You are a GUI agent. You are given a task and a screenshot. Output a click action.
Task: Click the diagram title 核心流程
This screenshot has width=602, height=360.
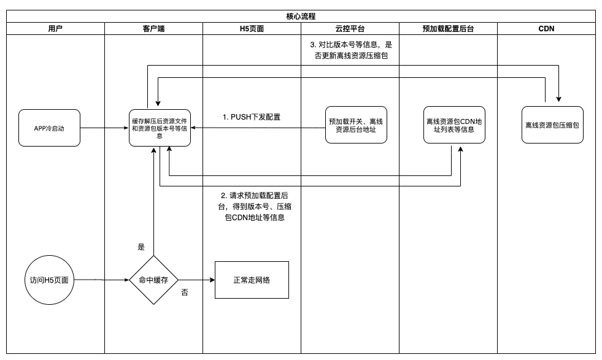[x=301, y=16]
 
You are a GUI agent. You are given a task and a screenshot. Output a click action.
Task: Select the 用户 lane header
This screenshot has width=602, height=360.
[x=55, y=28]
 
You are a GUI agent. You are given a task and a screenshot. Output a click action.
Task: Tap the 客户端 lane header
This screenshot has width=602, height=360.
[x=153, y=28]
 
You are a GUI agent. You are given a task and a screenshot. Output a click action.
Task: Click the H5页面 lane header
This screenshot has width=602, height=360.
[x=252, y=28]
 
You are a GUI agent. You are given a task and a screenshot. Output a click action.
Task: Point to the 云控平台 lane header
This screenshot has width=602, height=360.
[x=350, y=28]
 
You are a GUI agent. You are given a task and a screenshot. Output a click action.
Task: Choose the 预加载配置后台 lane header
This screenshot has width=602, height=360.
[x=448, y=28]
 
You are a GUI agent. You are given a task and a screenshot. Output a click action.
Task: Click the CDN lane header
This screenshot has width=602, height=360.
[x=546, y=28]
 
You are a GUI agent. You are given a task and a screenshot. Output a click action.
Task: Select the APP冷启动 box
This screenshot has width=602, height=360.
[x=49, y=128]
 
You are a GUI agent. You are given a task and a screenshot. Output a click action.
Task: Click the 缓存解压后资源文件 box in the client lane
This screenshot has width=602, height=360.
[x=160, y=128]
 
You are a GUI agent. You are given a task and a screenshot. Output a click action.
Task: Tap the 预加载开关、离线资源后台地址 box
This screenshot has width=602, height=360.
[x=356, y=125]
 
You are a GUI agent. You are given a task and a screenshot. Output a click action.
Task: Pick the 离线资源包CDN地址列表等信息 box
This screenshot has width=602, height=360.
[x=454, y=125]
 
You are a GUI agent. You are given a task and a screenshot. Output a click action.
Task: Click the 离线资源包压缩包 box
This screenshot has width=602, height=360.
[x=552, y=125]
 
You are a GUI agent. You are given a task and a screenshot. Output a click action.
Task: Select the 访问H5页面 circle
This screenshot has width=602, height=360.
[x=49, y=280]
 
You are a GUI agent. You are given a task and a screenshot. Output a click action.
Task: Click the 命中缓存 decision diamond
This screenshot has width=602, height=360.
[x=153, y=280]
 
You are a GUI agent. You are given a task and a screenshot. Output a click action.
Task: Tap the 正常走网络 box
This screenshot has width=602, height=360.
[x=252, y=280]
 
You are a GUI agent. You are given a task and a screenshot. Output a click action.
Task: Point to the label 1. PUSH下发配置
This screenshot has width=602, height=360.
[x=252, y=117]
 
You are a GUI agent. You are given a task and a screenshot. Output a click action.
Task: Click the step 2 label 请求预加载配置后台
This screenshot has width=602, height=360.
[x=254, y=206]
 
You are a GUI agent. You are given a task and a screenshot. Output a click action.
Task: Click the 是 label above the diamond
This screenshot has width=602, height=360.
[x=141, y=247]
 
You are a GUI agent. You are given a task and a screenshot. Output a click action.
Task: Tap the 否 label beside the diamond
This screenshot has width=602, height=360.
[x=184, y=293]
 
